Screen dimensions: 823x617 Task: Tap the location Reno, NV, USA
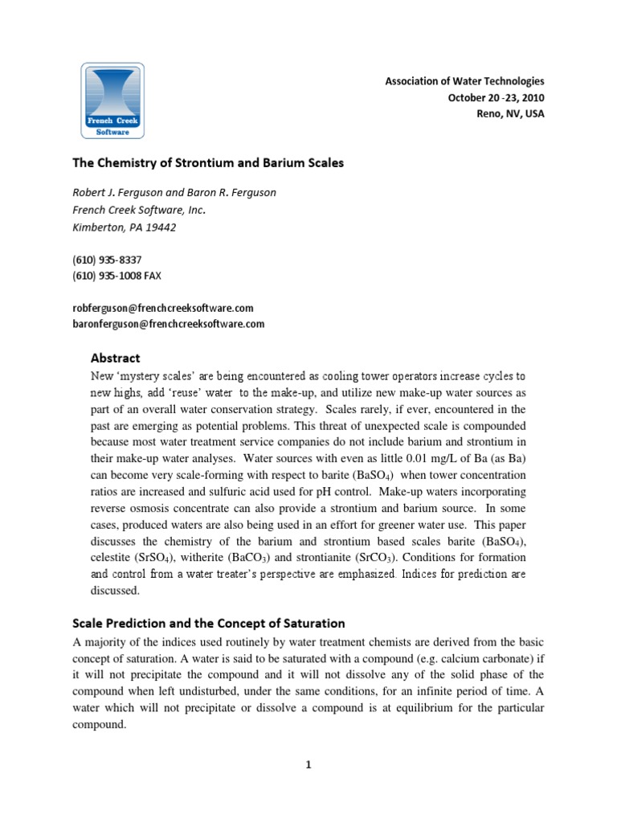[x=510, y=113]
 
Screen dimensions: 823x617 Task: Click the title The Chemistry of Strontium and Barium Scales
[x=208, y=162]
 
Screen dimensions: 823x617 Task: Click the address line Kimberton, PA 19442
[x=125, y=227]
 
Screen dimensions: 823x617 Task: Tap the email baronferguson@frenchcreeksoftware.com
[x=168, y=324]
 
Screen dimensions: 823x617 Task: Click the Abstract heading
[x=115, y=358]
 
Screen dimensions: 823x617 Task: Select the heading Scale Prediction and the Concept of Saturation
[x=209, y=623]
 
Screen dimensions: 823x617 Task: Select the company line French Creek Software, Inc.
[x=139, y=211]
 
